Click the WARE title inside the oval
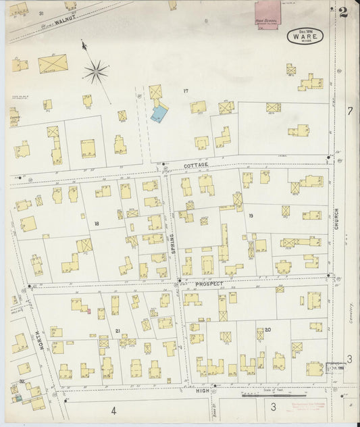click(305, 37)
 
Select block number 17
click(184, 91)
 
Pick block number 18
click(97, 223)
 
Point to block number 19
click(250, 216)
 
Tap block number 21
click(117, 330)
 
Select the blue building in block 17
click(159, 113)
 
